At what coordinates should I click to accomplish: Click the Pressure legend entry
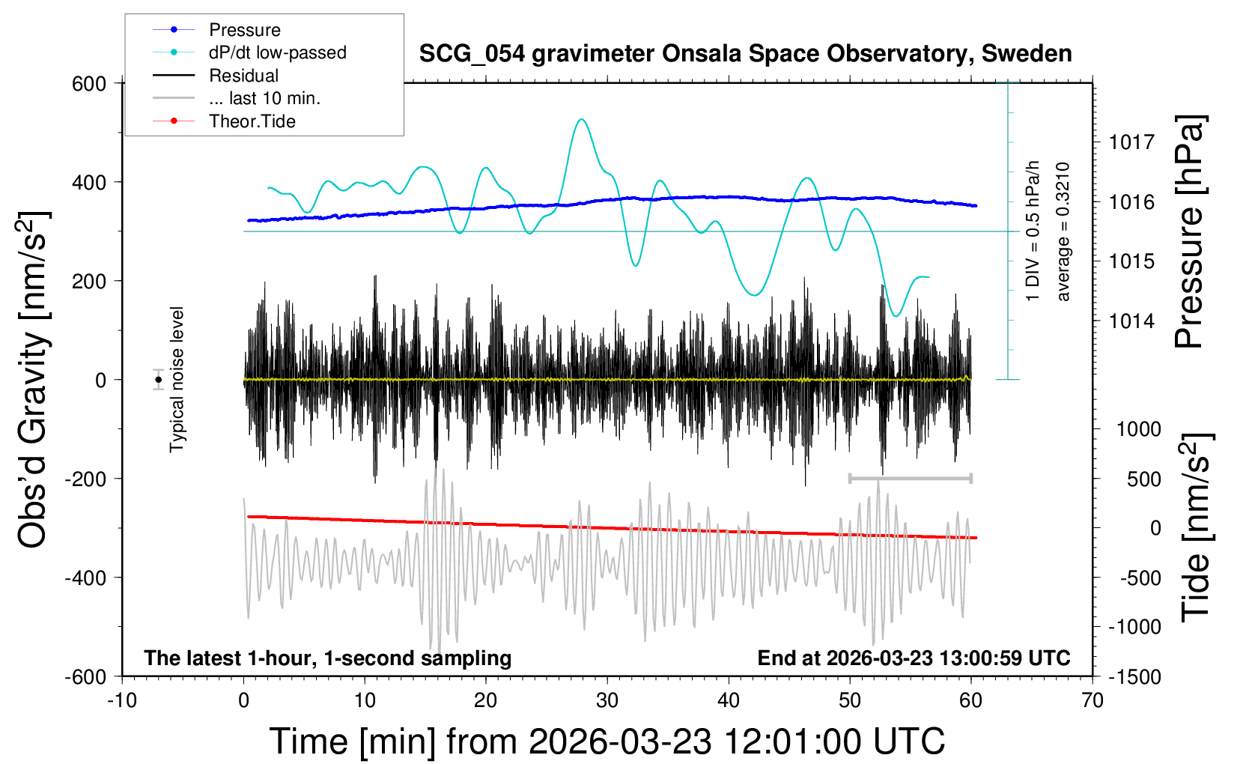[x=244, y=30]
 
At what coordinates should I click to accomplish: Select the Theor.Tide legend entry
[x=252, y=121]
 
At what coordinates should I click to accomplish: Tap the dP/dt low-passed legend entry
[x=277, y=52]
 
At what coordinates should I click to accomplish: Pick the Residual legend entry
[x=243, y=76]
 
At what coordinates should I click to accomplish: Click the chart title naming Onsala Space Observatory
[x=745, y=54]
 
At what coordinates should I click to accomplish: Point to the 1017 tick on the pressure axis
[x=1131, y=142]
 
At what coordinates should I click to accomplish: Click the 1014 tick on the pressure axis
[x=1131, y=321]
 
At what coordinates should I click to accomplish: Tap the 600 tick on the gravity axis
[x=90, y=84]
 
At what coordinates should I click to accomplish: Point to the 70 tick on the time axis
[x=1092, y=701]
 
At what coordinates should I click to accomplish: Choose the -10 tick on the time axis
[x=122, y=701]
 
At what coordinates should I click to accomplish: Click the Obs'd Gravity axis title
[x=34, y=380]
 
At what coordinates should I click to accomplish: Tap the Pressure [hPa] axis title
[x=1191, y=232]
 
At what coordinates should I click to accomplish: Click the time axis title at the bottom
[x=607, y=742]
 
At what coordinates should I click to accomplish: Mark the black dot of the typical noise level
[x=158, y=380]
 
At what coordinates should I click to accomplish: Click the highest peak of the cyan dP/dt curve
[x=581, y=119]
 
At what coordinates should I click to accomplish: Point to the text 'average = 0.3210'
[x=1063, y=232]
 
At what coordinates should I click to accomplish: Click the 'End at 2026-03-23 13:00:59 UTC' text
[x=914, y=658]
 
